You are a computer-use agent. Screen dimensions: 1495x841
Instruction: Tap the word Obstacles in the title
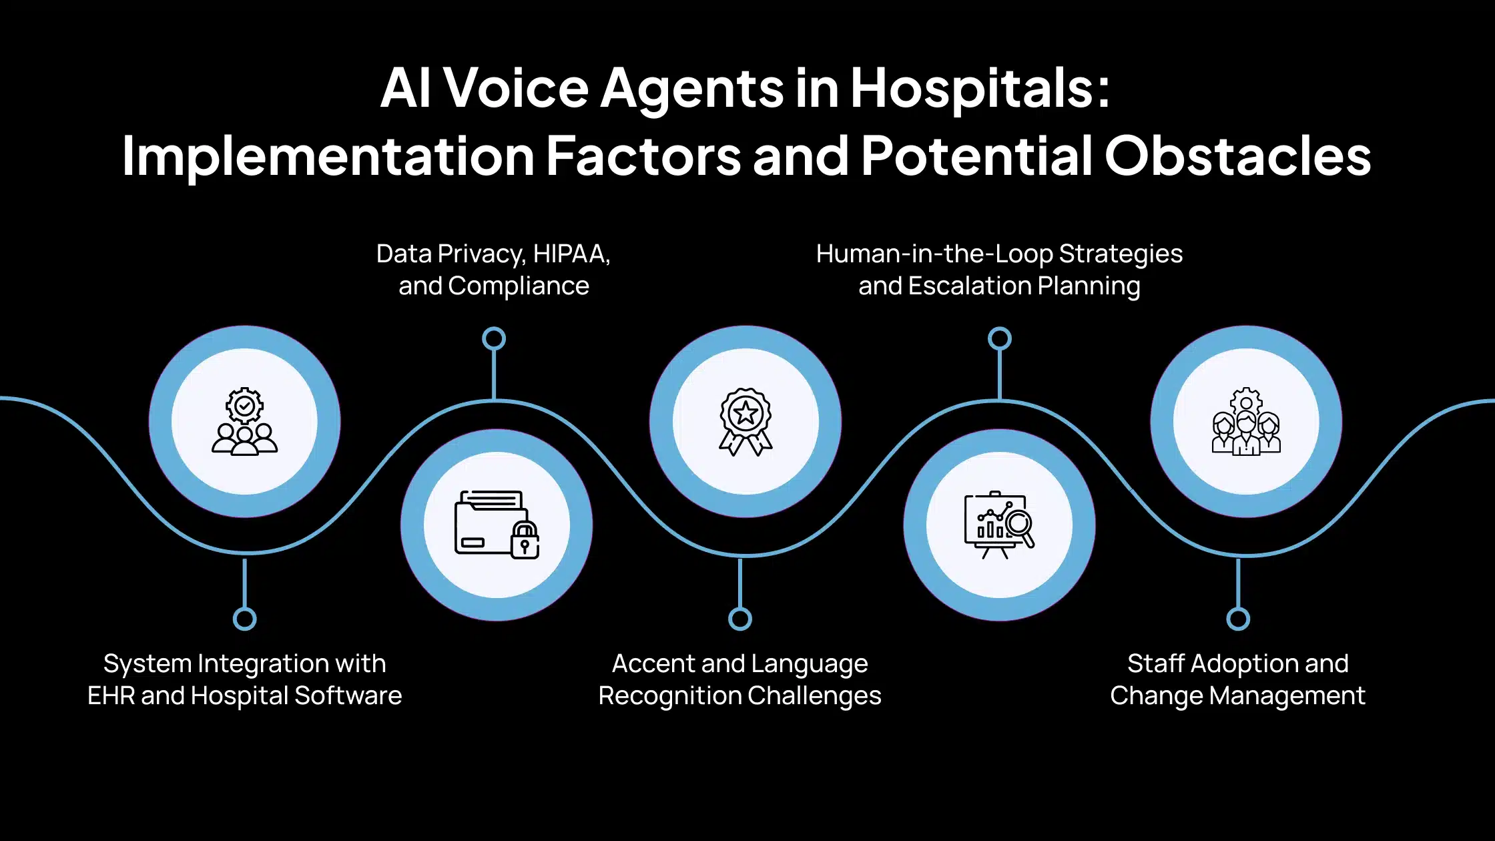pos(1237,156)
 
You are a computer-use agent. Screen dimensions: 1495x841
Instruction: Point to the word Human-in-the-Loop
pos(934,254)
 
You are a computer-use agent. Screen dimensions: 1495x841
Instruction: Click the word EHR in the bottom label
pos(111,695)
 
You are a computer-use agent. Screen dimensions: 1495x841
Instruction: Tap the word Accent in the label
pos(653,663)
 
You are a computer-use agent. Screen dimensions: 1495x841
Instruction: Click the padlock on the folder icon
pos(525,540)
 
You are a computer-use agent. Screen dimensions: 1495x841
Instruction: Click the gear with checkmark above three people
pos(244,405)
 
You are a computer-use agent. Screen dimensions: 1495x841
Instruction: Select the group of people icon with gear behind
pos(1246,422)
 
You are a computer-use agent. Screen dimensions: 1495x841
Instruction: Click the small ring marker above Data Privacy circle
pos(494,339)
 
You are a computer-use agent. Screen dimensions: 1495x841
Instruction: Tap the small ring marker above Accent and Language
pos(740,619)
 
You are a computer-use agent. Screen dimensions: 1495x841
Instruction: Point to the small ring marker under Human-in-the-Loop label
pos(1000,339)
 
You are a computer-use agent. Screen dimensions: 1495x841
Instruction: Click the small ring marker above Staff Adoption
pos(1238,619)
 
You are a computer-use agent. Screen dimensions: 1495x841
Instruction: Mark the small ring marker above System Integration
pos(245,619)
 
